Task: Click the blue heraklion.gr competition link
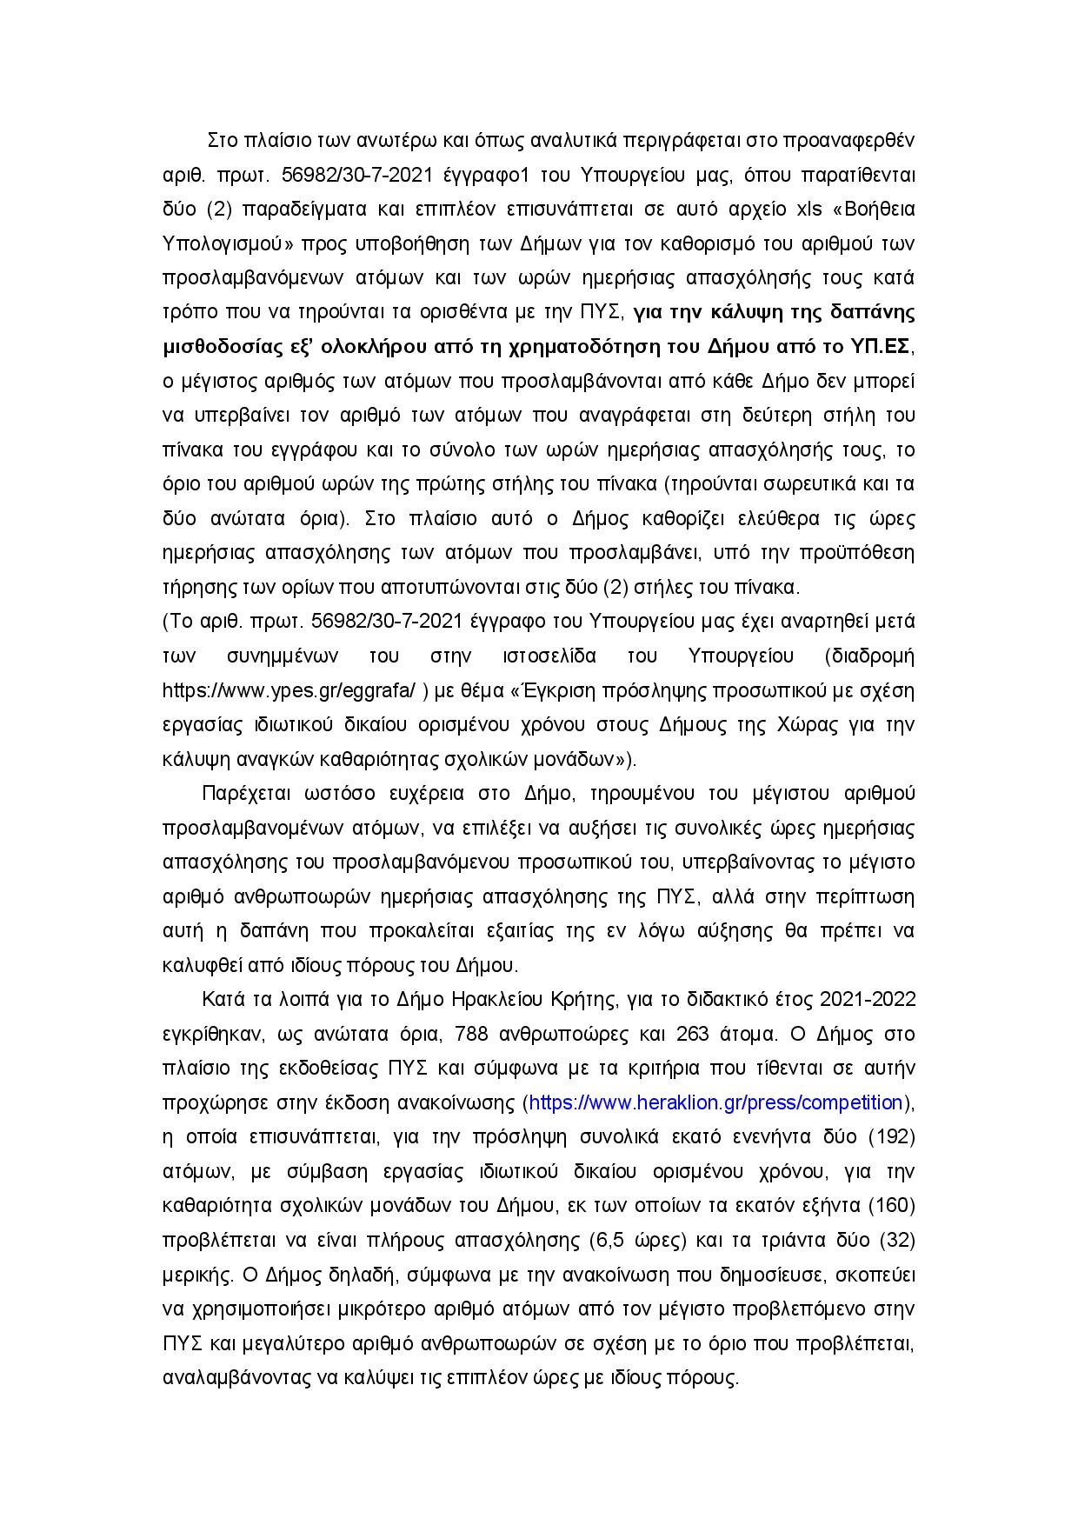(715, 1103)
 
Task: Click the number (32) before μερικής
(898, 1240)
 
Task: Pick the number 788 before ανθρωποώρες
(492, 1035)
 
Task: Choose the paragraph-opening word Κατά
(220, 1001)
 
